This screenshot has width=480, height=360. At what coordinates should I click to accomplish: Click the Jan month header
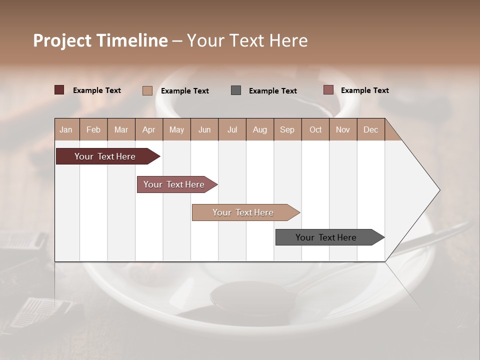pyautogui.click(x=66, y=130)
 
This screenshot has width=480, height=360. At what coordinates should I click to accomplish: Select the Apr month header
pyautogui.click(x=149, y=130)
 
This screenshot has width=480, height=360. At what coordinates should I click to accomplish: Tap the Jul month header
pyautogui.click(x=232, y=130)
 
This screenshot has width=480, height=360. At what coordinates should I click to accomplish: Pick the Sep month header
pyautogui.click(x=287, y=130)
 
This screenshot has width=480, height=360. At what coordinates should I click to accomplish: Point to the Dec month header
pyautogui.click(x=370, y=130)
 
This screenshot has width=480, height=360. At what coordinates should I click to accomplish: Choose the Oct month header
pyautogui.click(x=315, y=130)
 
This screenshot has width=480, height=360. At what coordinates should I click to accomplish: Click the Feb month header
pyautogui.click(x=93, y=130)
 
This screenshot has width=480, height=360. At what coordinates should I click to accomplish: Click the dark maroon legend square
pyautogui.click(x=59, y=90)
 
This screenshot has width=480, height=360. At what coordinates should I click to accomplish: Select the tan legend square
pyautogui.click(x=147, y=90)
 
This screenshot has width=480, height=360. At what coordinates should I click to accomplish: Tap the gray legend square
pyautogui.click(x=236, y=90)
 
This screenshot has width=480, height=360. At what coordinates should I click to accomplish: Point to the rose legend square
pyautogui.click(x=328, y=90)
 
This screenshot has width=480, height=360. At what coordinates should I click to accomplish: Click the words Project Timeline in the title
pyautogui.click(x=100, y=40)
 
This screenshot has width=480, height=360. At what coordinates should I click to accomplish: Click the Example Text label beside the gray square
pyautogui.click(x=272, y=91)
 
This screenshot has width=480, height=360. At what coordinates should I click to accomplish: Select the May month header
pyautogui.click(x=176, y=130)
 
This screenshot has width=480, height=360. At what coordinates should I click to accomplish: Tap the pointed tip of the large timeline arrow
pyautogui.click(x=438, y=190)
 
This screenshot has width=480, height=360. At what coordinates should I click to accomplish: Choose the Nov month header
pyautogui.click(x=343, y=130)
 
